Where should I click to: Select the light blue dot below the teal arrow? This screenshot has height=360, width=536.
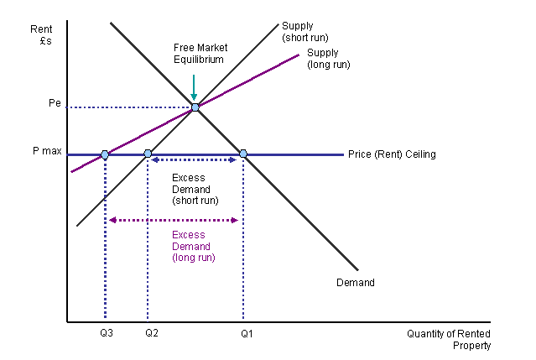[x=195, y=107]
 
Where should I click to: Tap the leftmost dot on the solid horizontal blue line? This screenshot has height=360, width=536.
[x=105, y=154]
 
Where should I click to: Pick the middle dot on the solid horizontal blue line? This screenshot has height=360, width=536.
[x=148, y=154]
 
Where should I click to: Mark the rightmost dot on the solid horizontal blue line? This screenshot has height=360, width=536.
[x=243, y=154]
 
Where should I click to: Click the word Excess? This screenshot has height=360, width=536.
[x=188, y=235]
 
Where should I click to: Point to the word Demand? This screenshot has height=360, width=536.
[x=191, y=247]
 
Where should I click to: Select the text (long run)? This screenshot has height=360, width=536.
[x=194, y=258]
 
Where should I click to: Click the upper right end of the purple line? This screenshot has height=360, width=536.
[x=299, y=55]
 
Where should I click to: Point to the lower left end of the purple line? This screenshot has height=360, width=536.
[x=71, y=172]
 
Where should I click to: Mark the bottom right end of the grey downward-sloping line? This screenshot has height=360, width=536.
[x=357, y=270]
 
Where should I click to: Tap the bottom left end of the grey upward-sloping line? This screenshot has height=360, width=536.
[x=77, y=226]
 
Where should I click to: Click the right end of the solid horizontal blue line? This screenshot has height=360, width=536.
[x=343, y=154]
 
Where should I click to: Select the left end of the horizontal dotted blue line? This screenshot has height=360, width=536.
[x=66, y=107]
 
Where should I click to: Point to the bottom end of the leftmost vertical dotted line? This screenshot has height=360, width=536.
[x=105, y=318]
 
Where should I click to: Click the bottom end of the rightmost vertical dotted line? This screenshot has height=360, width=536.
[x=243, y=318]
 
